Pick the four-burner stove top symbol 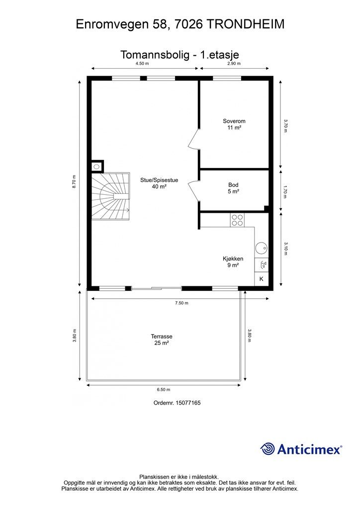[x=237, y=220]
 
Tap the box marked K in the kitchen [x=262, y=279]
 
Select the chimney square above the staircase [x=96, y=167]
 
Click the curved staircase [x=110, y=196]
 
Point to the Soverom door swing [x=193, y=139]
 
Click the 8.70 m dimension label [x=74, y=182]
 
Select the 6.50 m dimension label [x=163, y=390]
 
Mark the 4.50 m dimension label [x=142, y=64]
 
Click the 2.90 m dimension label [x=234, y=64]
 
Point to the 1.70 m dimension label [x=285, y=191]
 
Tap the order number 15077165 [x=188, y=403]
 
